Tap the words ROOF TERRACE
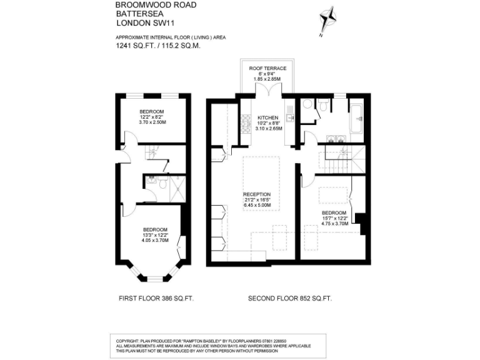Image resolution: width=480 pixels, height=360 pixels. [x=267, y=68]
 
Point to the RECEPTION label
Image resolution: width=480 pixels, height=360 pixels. [x=256, y=194]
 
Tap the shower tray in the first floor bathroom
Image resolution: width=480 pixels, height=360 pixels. [x=177, y=184]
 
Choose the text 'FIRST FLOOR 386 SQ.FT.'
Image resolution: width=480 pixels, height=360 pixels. [x=156, y=299]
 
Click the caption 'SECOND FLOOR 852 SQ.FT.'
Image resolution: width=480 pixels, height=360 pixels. [x=290, y=299]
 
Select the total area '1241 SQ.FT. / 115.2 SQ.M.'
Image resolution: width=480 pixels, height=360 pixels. [x=157, y=46]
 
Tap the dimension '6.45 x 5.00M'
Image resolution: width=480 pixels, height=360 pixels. [x=256, y=206]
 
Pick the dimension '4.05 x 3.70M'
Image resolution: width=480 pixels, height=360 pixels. [x=155, y=240]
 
